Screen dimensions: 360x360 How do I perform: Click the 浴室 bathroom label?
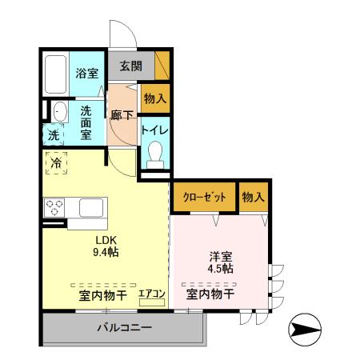pos(87,73)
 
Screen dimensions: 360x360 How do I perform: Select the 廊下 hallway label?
pos(122,114)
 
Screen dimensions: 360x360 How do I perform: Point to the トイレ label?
pos(154,129)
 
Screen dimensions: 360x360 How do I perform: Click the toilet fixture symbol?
pos(154,153)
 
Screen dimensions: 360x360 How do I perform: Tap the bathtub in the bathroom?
pos(55,75)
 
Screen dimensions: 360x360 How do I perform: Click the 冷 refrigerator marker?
pos(57,163)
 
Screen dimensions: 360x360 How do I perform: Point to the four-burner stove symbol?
pos(55,208)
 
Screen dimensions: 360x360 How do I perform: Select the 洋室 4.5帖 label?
pos(221,262)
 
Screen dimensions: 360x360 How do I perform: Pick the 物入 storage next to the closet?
pos(253,197)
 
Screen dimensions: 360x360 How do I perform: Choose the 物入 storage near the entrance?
pos(154,99)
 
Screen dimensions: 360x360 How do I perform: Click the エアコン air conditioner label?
pos(152,294)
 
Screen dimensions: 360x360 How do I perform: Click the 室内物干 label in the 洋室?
pos(210,294)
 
